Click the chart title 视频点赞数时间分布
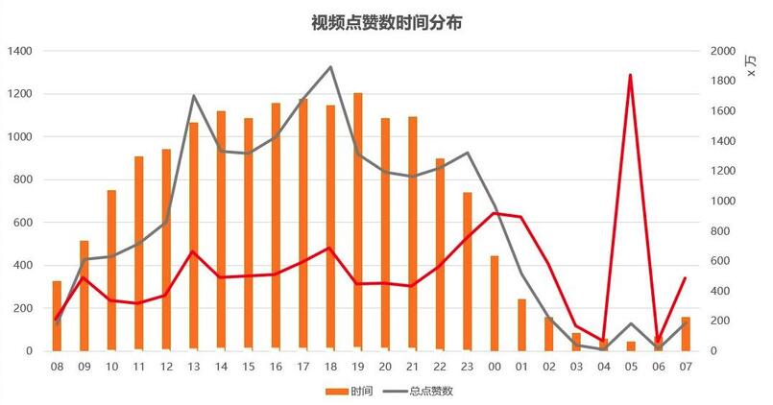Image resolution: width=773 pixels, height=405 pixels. [386, 22]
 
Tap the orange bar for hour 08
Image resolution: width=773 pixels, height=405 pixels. [57, 316]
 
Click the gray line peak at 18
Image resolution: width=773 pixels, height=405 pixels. [330, 67]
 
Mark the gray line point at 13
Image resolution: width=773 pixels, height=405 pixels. [194, 96]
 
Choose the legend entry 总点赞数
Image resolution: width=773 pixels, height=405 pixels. [421, 391]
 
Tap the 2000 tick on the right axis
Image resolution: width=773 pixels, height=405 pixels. [723, 51]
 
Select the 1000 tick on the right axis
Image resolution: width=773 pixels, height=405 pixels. [723, 202]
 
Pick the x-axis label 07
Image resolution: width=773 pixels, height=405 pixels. [686, 366]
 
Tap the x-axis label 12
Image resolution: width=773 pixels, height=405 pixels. [166, 366]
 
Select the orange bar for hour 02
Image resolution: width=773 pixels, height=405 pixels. [549, 334]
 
